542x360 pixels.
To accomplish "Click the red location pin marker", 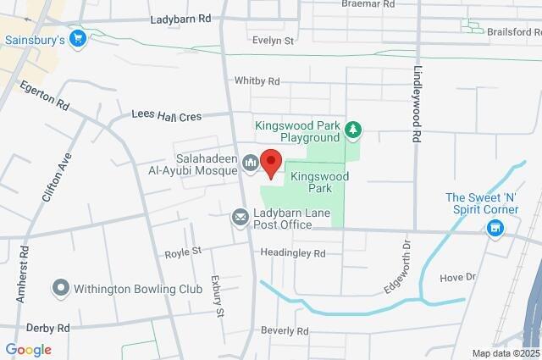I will click(270, 162).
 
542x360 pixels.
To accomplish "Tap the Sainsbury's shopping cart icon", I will click(78, 38).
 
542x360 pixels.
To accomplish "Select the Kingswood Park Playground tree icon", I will click(354, 130).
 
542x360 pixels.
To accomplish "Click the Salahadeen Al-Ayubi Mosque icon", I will click(250, 163).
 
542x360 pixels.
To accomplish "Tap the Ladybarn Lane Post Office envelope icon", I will click(241, 218).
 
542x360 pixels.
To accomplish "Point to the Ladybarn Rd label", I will click(180, 19).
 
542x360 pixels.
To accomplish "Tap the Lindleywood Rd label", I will click(417, 105).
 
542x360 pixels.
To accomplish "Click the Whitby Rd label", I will click(257, 81).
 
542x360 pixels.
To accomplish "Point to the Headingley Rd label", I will click(293, 253).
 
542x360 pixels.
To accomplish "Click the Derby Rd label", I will click(47, 328).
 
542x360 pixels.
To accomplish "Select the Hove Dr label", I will click(458, 277).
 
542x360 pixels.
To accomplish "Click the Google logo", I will click(28, 350).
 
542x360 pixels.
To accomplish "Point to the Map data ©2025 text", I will click(505, 353).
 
